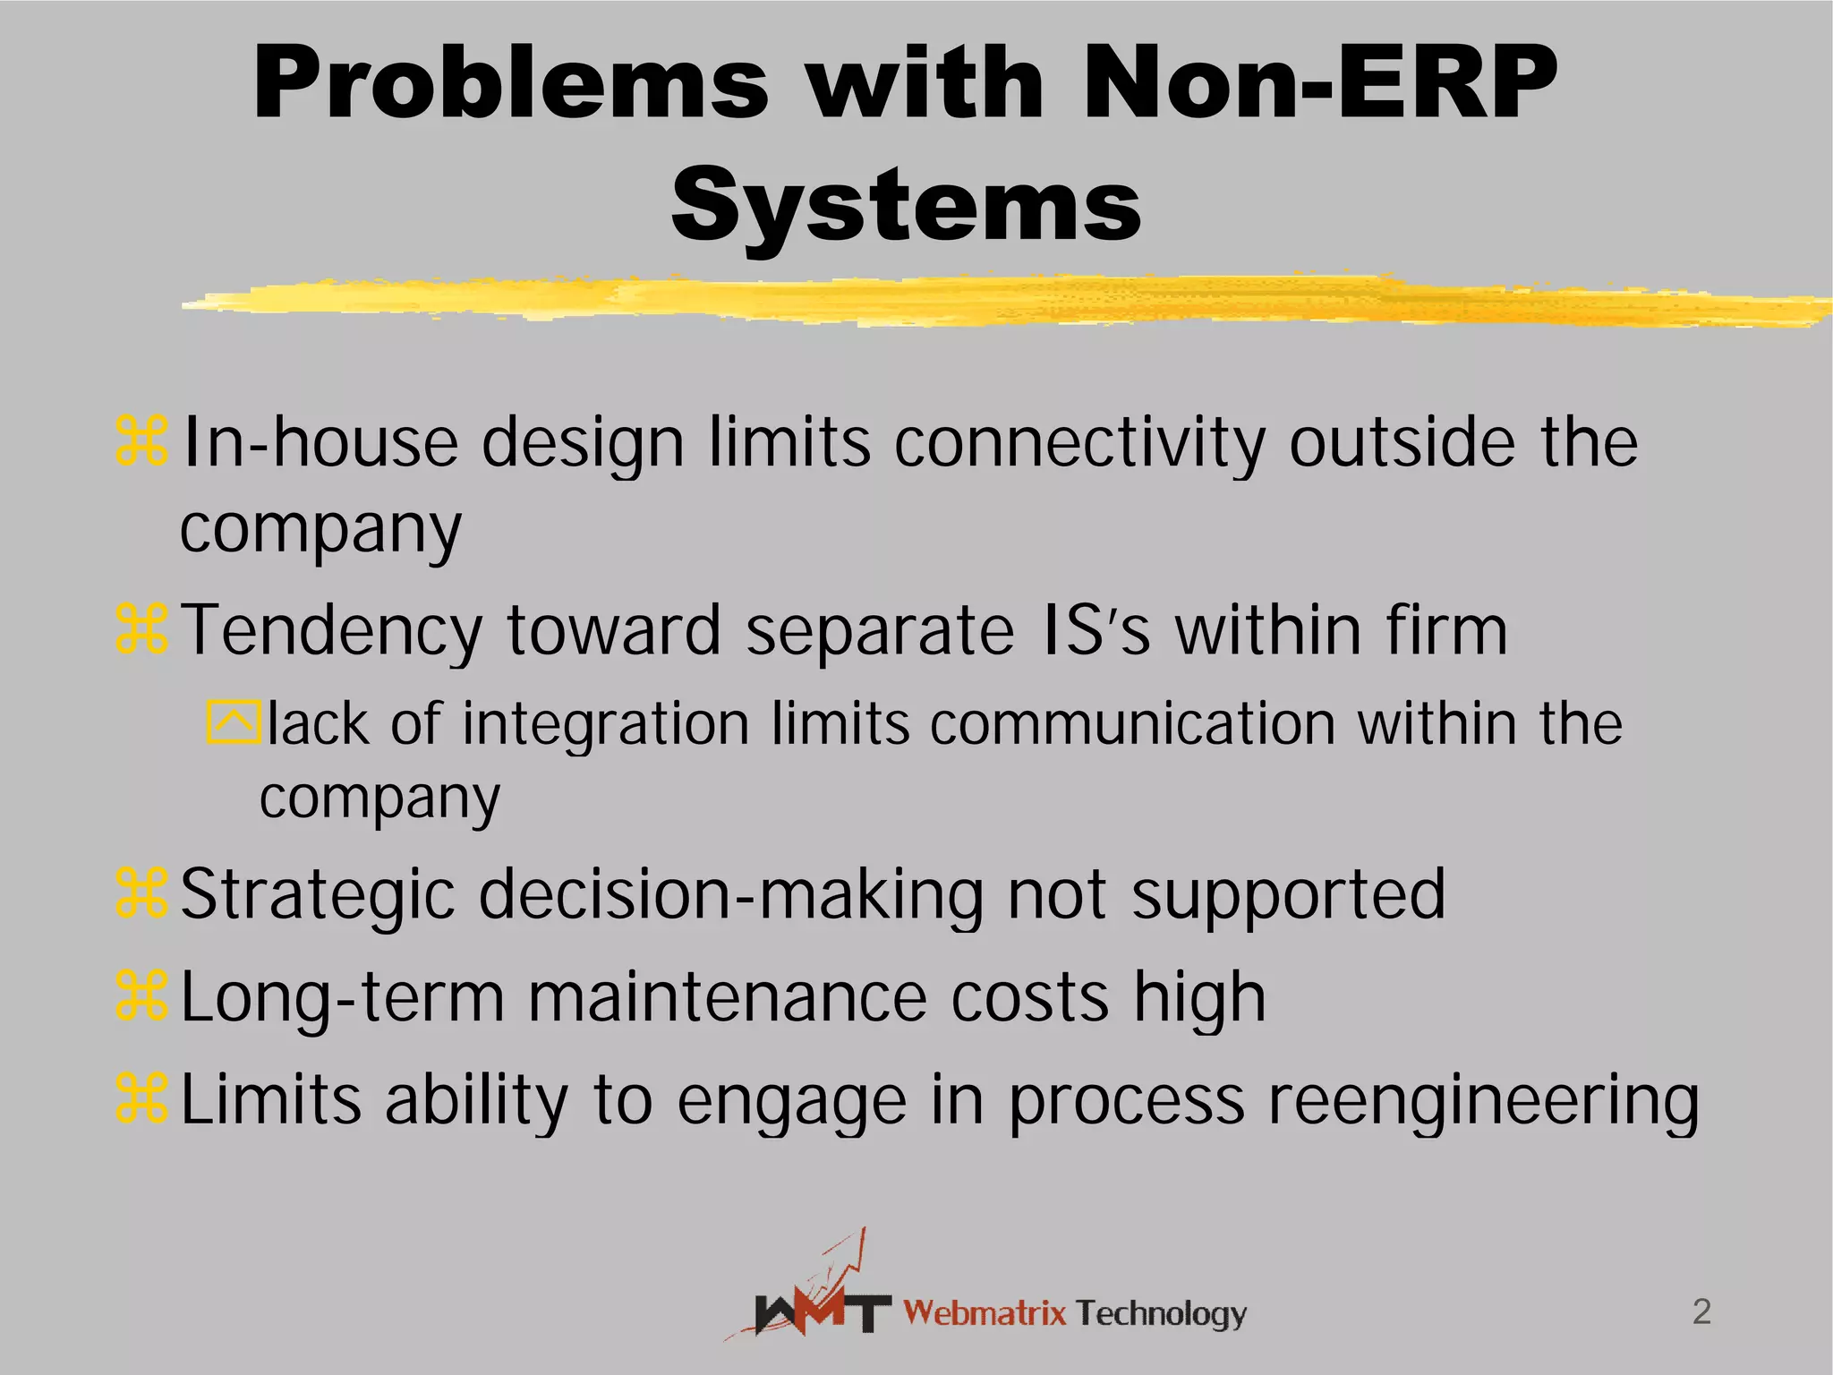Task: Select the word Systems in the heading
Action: [x=906, y=206]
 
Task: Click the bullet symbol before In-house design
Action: [x=141, y=441]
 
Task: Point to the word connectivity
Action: [x=1079, y=443]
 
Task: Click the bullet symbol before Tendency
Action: [x=141, y=628]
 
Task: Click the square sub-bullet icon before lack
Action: [x=234, y=722]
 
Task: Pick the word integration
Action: [x=605, y=723]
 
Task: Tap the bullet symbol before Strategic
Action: [x=141, y=893]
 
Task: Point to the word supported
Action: [x=1288, y=895]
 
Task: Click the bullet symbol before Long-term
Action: [x=141, y=997]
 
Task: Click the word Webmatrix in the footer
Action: [x=985, y=1313]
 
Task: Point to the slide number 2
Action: [x=1701, y=1311]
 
